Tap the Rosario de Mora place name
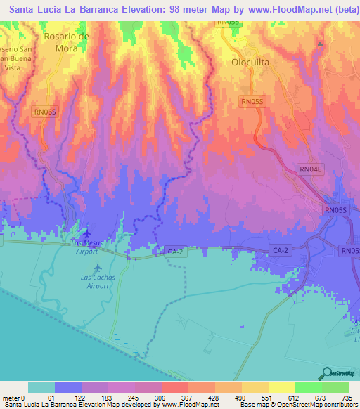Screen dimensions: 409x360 pos(66,42)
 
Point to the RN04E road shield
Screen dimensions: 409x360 pos(310,169)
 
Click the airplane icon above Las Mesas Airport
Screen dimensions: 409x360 pos(86,233)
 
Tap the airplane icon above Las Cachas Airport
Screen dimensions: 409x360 pos(97,268)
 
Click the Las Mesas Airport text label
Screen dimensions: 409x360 pos(86,247)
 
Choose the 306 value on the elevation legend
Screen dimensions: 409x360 pos(160,398)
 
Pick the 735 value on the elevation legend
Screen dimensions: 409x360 pos(347,398)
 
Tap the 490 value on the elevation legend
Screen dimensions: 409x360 pos(240,398)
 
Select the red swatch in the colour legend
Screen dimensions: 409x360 pos(174,387)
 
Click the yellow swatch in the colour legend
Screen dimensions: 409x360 pos(281,387)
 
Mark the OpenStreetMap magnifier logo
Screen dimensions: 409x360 pos(326,372)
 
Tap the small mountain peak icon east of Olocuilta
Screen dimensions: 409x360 pos(320,44)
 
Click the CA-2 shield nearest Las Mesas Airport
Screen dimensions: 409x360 pos(174,250)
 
